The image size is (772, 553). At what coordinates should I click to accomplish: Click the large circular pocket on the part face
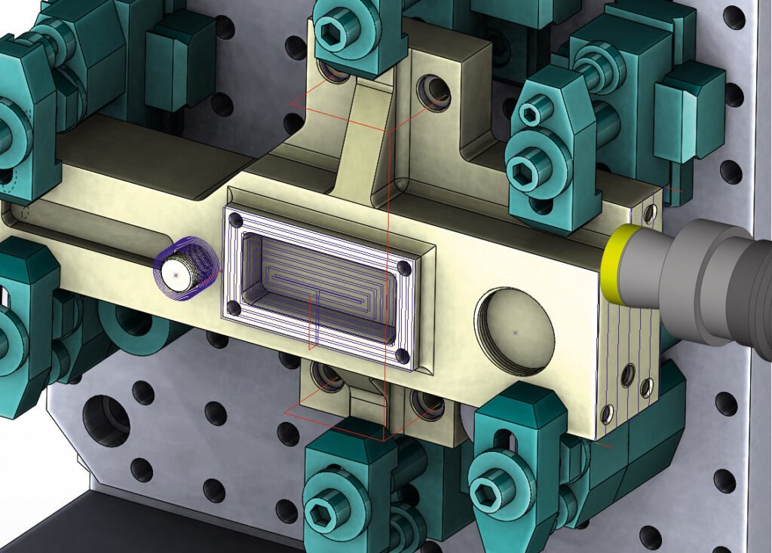pos(515,331)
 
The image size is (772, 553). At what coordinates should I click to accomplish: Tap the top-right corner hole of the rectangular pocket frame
pos(405,268)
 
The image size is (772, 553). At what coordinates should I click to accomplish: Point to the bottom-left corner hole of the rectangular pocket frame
pos(234,307)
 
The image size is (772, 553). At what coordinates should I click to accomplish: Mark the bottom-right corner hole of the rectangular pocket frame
pos(401,355)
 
